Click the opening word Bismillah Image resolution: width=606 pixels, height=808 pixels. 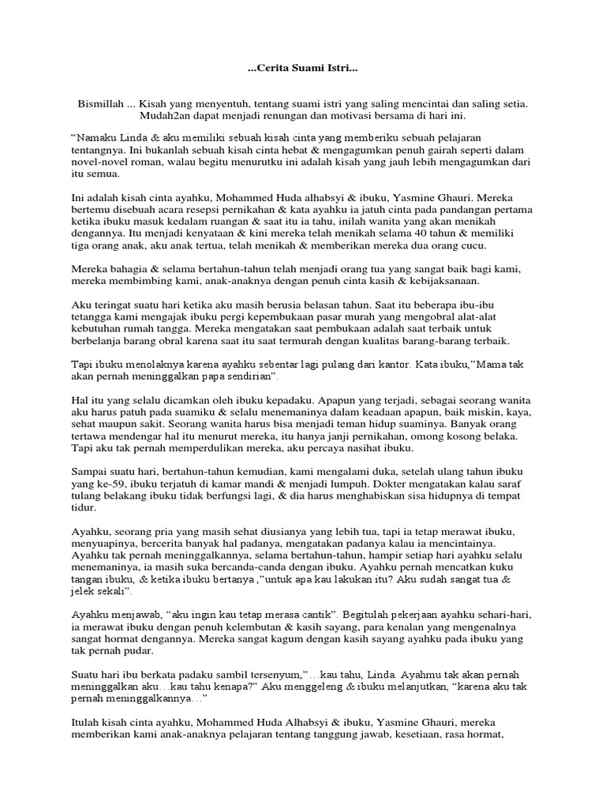[101, 103]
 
